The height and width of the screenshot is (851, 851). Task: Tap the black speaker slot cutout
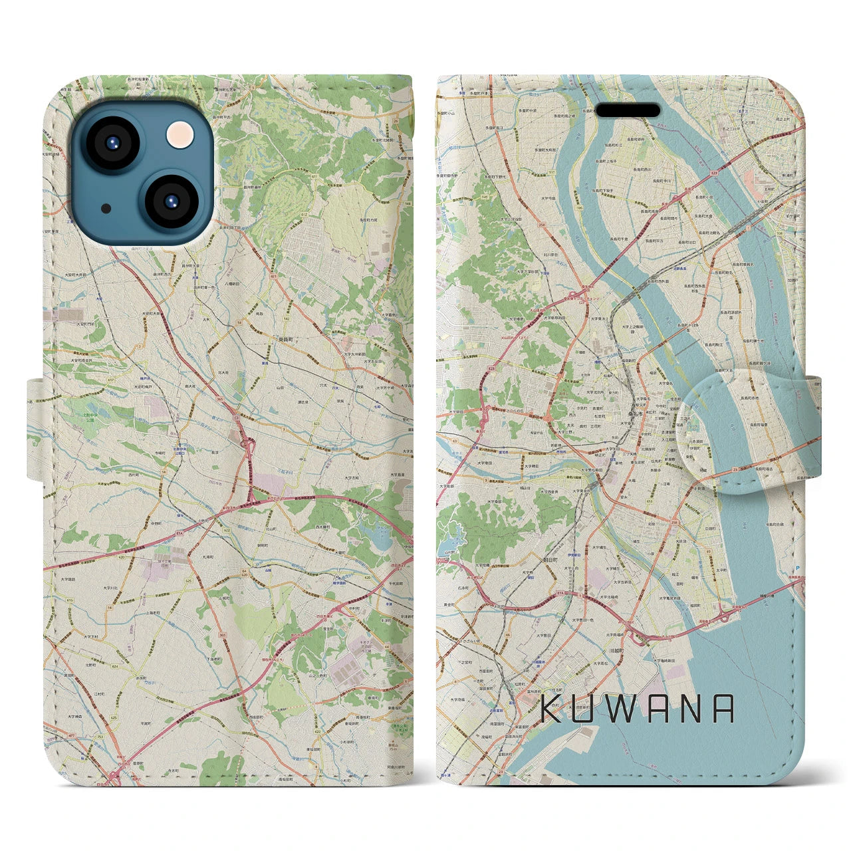[628, 110]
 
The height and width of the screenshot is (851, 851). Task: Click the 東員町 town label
[284, 338]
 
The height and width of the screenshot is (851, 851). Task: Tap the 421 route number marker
[273, 265]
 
